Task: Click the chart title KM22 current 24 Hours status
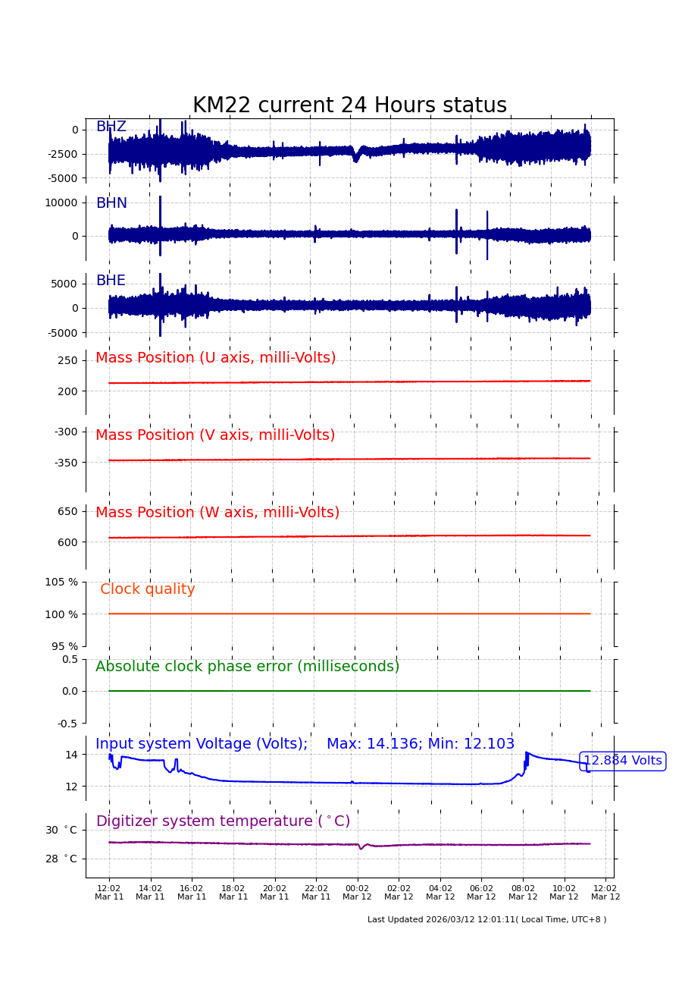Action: point(349,106)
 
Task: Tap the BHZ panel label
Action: point(111,127)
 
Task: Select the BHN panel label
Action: point(111,203)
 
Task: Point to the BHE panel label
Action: point(111,281)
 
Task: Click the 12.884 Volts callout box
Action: point(622,761)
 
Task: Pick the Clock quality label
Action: point(148,589)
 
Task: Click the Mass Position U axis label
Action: point(215,358)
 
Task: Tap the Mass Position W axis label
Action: point(217,513)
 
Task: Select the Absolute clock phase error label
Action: point(247,667)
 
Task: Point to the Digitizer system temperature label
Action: point(223,821)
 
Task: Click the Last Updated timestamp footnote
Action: point(486,919)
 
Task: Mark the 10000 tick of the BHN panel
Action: point(61,203)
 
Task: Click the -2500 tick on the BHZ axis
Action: point(62,154)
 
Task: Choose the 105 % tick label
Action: point(61,582)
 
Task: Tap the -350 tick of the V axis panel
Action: point(64,462)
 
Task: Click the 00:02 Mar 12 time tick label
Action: point(358,892)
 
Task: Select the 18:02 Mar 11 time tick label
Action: point(233,892)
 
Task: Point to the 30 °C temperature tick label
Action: point(61,830)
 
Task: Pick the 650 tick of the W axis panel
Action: point(67,511)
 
